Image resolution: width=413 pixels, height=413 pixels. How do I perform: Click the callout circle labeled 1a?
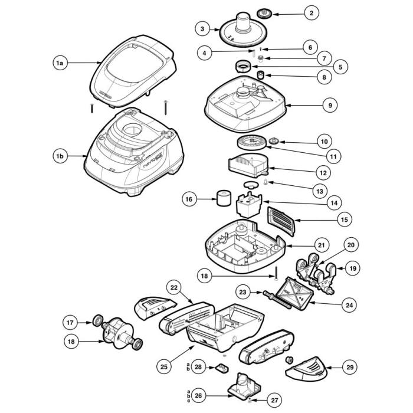coord(58,62)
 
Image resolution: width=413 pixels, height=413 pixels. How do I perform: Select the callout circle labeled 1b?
coord(58,156)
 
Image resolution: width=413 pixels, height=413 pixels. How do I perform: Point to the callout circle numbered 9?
coord(329,105)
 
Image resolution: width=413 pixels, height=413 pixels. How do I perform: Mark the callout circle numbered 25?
coord(164,366)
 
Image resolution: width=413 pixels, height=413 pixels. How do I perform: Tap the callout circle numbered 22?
coord(173,287)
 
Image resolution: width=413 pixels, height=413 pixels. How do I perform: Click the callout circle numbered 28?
coord(198,367)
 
